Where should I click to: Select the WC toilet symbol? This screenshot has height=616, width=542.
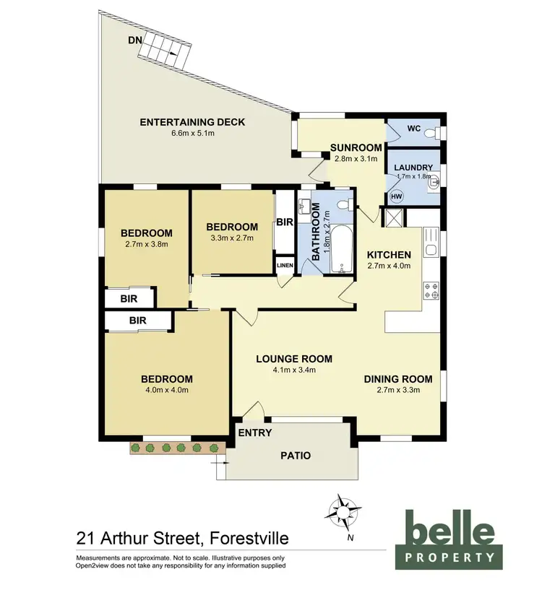tap(431, 131)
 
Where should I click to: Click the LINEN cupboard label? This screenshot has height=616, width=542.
tap(285, 266)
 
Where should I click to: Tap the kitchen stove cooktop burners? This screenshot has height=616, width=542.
tap(431, 289)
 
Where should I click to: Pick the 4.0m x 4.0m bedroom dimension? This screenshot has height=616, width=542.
tap(166, 391)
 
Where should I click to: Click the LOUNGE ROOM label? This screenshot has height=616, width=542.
tap(294, 359)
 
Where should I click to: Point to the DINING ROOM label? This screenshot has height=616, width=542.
tap(398, 379)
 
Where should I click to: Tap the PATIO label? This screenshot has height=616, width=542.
tap(296, 456)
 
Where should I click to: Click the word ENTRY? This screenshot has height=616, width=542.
tap(255, 433)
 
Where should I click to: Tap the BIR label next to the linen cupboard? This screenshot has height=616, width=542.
tap(284, 223)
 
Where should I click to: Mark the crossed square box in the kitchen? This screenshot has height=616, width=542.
tap(395, 217)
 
